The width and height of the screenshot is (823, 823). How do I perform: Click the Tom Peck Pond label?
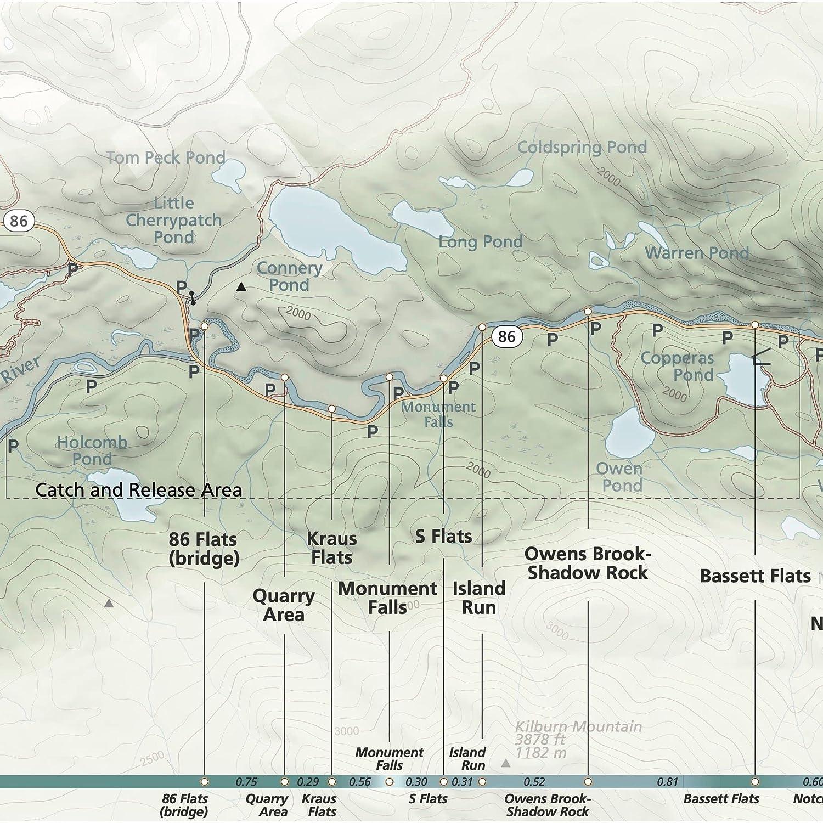pos(166,158)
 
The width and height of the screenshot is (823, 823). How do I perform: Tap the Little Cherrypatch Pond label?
pos(173,220)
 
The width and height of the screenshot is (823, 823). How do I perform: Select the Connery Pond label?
pos(289,277)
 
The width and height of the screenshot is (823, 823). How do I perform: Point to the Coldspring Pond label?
pos(582,148)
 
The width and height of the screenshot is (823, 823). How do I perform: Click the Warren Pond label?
pos(697,253)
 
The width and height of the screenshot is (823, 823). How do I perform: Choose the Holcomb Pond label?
pos(92,450)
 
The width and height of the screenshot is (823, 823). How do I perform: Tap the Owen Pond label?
pos(619,477)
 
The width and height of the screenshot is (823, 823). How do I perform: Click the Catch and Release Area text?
pos(138,490)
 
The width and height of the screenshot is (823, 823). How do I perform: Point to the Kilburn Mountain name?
pos(578,726)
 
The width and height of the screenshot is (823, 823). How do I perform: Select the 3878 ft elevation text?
pos(540,740)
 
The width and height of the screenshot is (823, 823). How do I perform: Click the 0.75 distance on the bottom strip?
pos(246,782)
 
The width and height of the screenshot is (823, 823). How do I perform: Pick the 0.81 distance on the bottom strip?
pos(668,782)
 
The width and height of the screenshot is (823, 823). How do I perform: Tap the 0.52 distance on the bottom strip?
pos(534,782)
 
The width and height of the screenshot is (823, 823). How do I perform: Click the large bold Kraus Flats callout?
pos(332,548)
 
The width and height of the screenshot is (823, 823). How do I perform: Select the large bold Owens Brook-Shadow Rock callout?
pos(588,563)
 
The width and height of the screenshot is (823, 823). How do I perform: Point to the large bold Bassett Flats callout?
pos(755,576)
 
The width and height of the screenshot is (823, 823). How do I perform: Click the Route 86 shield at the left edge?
pos(19,221)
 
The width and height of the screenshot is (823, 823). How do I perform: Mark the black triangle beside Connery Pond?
pos(241,286)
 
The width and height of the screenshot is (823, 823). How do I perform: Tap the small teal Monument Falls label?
pos(438,414)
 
